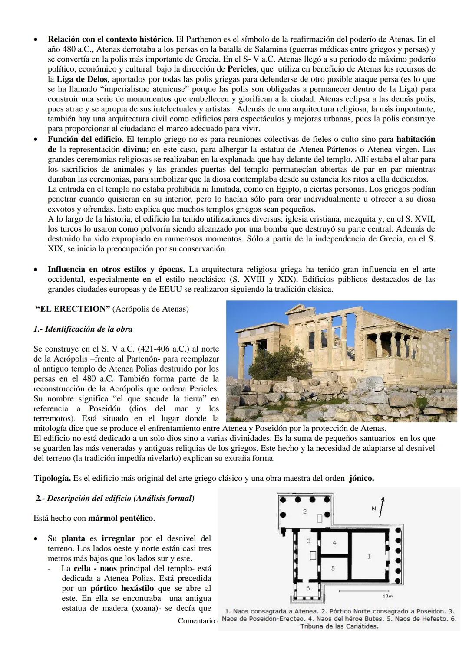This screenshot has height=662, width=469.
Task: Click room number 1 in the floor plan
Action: coord(369,556)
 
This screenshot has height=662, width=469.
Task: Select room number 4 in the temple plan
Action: coord(334,542)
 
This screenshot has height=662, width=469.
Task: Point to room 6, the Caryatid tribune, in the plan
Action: coord(308,588)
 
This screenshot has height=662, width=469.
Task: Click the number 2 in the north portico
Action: coord(304,512)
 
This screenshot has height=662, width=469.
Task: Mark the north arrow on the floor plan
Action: coord(382,506)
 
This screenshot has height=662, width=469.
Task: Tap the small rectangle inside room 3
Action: coord(312,555)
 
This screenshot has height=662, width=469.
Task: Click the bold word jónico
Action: coord(361,479)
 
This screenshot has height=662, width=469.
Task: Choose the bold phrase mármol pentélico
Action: coord(121,518)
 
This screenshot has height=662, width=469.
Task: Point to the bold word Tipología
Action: coord(53,479)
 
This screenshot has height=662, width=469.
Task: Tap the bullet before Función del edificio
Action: coord(36,140)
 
